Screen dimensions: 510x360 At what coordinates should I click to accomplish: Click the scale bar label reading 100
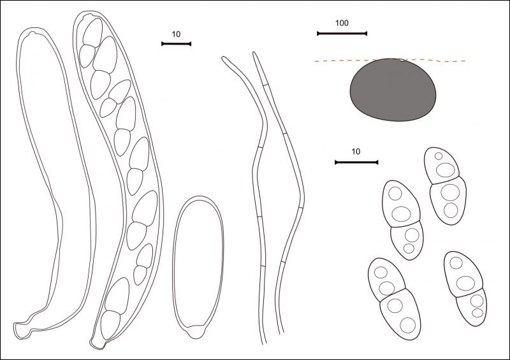tap(342, 23)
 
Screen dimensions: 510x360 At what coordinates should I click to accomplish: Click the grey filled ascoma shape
tap(393, 90)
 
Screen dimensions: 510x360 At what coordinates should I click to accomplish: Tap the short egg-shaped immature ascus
tap(198, 268)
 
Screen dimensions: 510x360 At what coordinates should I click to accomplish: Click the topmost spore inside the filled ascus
tap(93, 32)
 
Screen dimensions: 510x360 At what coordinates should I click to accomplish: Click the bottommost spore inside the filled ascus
tap(110, 325)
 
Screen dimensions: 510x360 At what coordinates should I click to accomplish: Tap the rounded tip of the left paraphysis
tap(224, 59)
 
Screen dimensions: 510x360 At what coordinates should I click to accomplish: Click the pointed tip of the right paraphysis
tap(254, 53)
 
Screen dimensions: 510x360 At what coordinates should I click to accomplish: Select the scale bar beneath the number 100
tap(342, 34)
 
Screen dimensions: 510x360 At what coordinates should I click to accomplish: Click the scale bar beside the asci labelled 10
tap(177, 44)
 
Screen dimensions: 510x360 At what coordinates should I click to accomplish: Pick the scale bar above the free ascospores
tap(356, 162)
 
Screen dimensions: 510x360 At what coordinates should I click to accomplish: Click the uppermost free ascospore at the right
tap(445, 185)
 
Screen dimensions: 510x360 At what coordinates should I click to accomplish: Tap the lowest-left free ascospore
tap(394, 299)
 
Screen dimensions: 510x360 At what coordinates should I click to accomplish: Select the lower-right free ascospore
tap(465, 289)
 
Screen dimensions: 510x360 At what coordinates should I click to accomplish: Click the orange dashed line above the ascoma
tap(390, 61)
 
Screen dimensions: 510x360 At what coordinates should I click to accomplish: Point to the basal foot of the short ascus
tap(196, 332)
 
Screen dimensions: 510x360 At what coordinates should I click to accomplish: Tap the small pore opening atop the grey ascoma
tap(402, 60)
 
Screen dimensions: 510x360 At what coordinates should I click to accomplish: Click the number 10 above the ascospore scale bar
tap(356, 152)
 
